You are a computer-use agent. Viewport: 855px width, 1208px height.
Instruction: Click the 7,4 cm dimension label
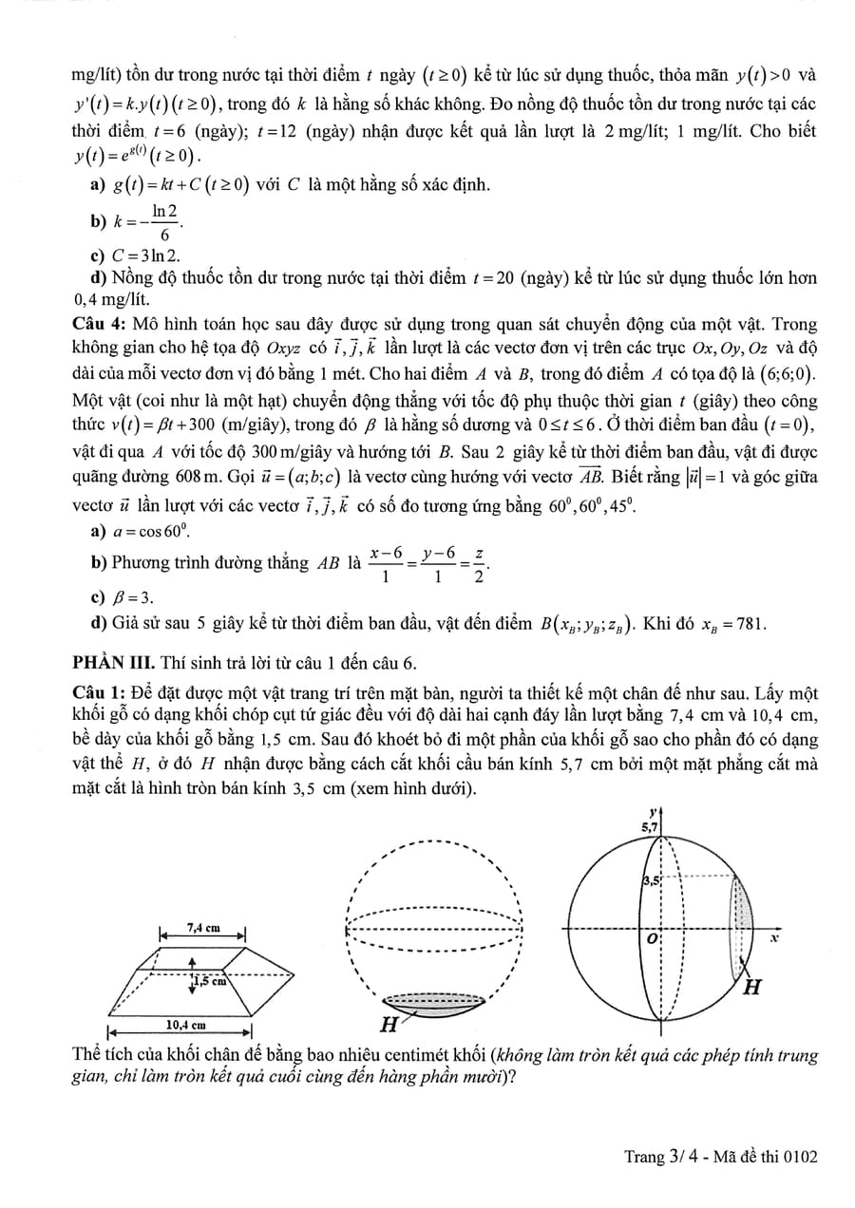[x=203, y=927]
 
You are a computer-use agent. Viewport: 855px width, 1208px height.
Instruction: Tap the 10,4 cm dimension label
[x=185, y=1026]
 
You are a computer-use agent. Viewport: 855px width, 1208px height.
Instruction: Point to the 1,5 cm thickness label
[x=211, y=982]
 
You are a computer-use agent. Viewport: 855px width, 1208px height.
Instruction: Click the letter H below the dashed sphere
[x=389, y=1025]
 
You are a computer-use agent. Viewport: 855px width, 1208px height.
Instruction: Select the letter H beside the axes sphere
[x=751, y=988]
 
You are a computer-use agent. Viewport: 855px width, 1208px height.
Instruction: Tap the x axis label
[x=774, y=937]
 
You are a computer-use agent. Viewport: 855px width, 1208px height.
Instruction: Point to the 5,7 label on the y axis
[x=650, y=828]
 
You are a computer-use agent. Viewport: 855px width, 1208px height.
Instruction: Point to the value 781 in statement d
[x=749, y=624]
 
